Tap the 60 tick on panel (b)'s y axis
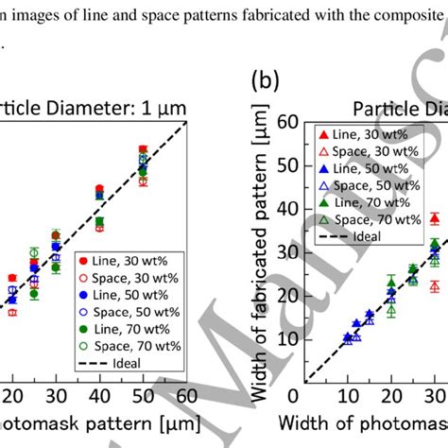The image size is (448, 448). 287,120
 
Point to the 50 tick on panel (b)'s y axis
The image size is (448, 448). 287,164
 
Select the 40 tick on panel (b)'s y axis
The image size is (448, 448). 287,208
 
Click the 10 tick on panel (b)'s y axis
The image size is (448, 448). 287,339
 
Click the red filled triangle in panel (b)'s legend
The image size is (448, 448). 323,135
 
